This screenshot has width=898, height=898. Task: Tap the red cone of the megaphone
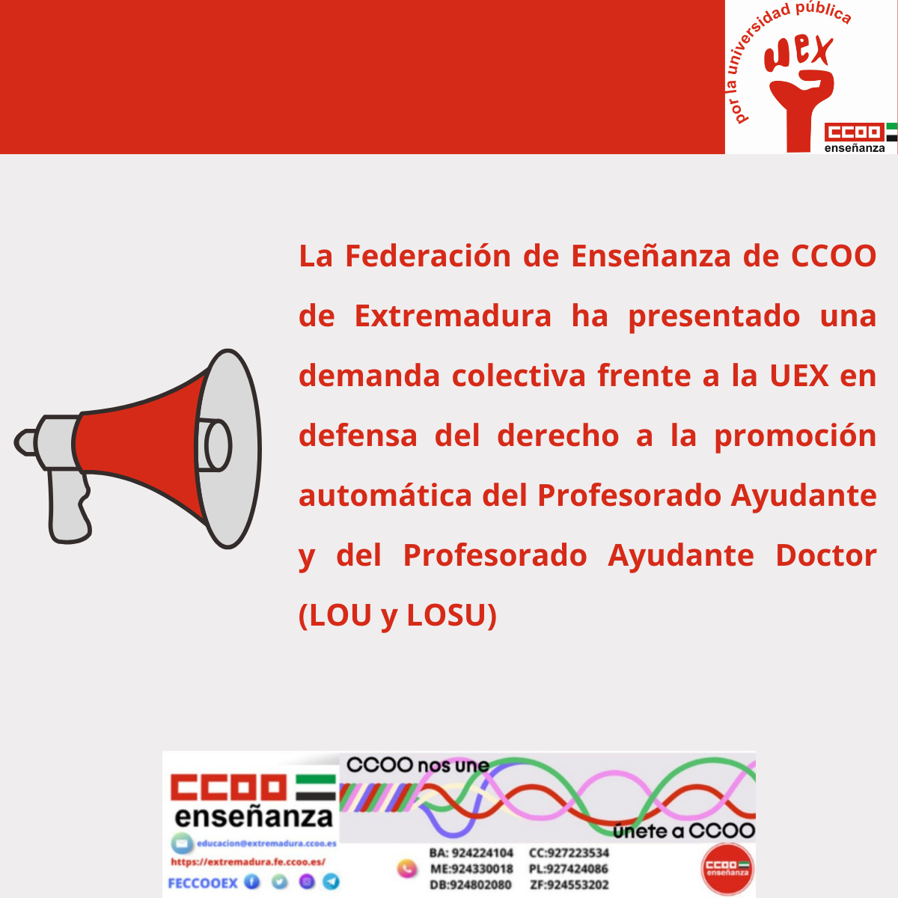[x=142, y=445]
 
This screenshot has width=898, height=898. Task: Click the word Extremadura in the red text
[x=453, y=316]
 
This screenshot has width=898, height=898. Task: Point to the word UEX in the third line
[x=799, y=376]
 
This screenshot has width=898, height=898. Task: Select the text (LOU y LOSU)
[x=397, y=615]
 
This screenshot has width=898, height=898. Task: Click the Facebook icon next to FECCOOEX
[x=252, y=882]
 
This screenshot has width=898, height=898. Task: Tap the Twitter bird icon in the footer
[x=279, y=882]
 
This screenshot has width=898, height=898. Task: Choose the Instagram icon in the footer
[x=306, y=882]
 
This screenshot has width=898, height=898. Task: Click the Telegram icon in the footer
[x=331, y=882]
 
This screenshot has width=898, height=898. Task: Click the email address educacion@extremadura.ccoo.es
[x=266, y=843]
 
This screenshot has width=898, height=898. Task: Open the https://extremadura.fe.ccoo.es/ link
[x=248, y=862]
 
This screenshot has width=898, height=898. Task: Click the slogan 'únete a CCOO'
[x=684, y=831]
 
